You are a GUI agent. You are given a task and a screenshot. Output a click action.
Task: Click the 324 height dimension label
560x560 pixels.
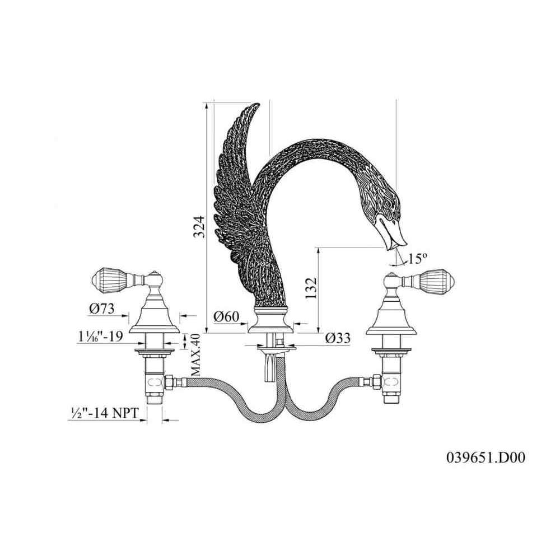pyautogui.click(x=199, y=226)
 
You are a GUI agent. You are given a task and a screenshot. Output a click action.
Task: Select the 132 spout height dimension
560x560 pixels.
pyautogui.click(x=311, y=288)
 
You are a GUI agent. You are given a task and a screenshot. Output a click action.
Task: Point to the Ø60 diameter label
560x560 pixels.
pyautogui.click(x=226, y=316)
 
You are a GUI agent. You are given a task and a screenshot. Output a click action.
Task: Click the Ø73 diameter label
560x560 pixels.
pyautogui.click(x=101, y=309)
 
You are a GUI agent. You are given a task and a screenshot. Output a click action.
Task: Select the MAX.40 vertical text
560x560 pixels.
pyautogui.click(x=195, y=355)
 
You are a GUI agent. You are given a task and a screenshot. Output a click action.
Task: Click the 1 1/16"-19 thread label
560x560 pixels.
pyautogui.click(x=100, y=337)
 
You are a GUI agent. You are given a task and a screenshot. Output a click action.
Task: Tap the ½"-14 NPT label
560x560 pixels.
pyautogui.click(x=103, y=414)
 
